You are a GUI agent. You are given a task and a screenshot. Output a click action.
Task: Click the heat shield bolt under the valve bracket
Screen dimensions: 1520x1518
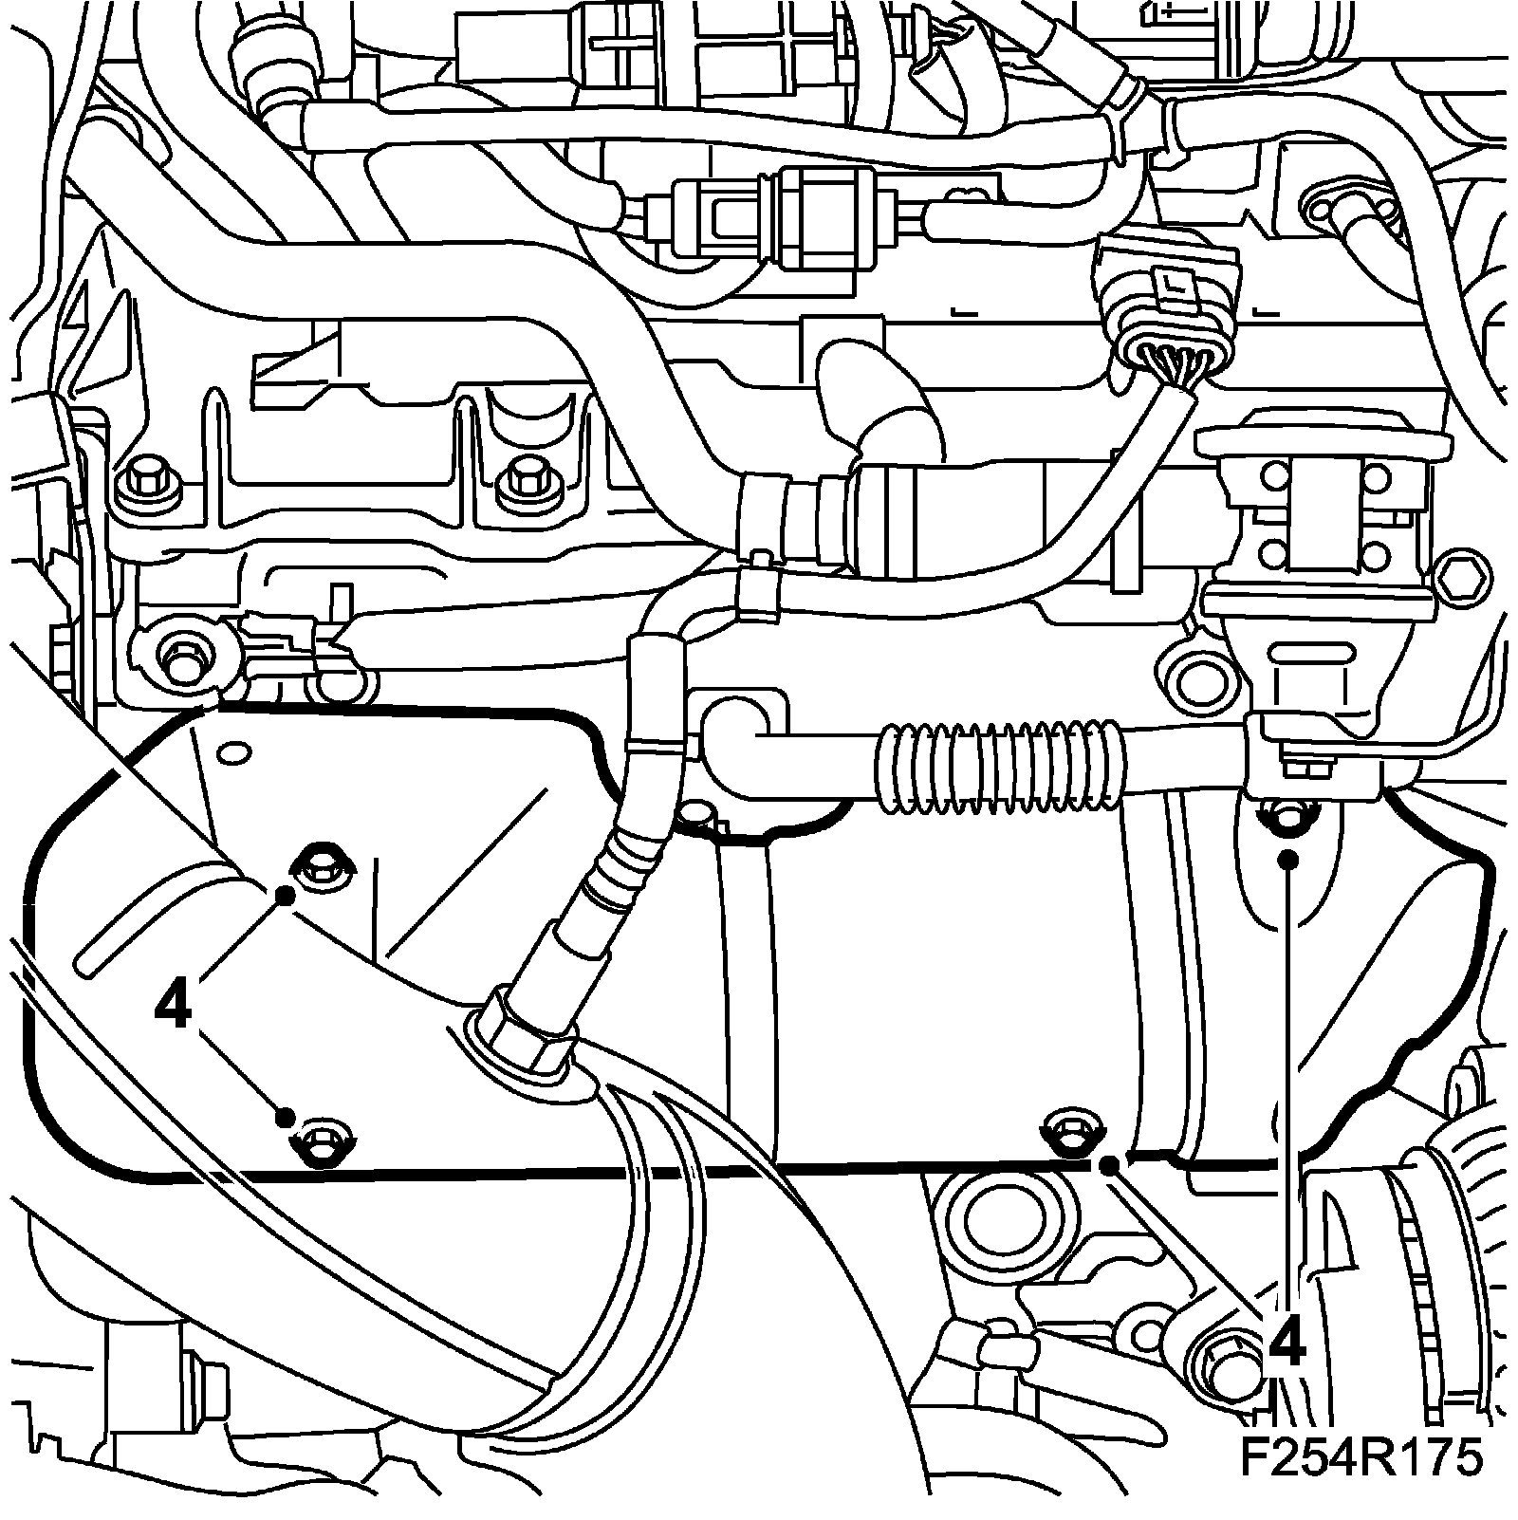1287,812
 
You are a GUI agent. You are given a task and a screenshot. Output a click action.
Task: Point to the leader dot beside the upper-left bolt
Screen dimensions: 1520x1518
284,895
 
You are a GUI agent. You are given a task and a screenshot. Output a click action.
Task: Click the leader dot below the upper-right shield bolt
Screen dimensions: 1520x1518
1288,860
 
